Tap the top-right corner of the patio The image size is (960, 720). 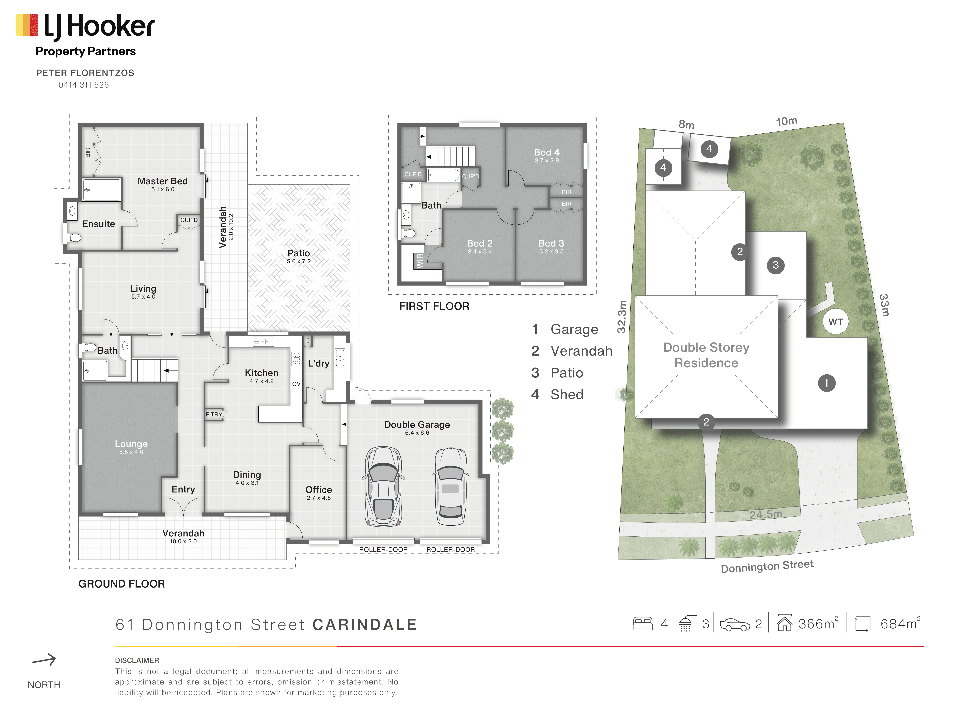tap(350, 185)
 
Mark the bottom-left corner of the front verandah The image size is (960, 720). tap(79, 559)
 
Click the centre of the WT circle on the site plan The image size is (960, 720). tap(835, 322)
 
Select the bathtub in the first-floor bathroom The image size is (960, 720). tap(444, 175)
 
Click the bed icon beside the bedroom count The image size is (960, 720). tap(643, 624)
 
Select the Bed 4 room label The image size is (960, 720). tap(547, 152)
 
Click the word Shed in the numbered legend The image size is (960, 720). tap(567, 395)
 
